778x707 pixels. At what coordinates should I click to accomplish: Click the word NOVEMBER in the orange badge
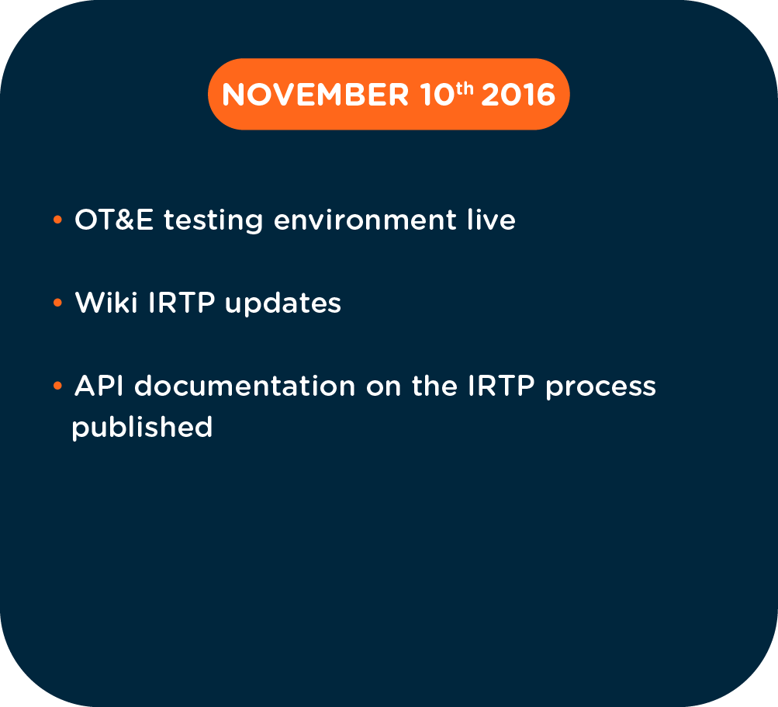point(315,95)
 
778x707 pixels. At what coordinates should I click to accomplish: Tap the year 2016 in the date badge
point(518,95)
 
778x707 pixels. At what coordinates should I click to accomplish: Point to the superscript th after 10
point(465,88)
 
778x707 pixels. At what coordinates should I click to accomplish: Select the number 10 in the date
point(437,95)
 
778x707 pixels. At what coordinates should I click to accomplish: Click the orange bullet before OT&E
point(57,219)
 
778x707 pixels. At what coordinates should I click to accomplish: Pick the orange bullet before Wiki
point(57,302)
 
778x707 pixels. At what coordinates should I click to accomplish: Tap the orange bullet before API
point(57,385)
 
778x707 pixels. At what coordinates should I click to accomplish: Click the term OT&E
point(113,220)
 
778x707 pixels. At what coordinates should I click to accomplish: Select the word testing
point(213,220)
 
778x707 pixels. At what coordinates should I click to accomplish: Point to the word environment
point(365,220)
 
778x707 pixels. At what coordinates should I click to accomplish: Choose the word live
point(491,220)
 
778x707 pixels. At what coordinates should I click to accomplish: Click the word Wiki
point(106,302)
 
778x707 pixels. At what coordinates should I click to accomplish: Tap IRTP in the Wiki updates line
point(182,303)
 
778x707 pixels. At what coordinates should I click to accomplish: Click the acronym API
point(99,385)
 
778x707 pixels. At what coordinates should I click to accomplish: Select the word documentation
point(245,385)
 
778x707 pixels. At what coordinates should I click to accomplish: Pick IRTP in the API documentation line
point(502,385)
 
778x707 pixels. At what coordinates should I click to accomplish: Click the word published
point(142,428)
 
